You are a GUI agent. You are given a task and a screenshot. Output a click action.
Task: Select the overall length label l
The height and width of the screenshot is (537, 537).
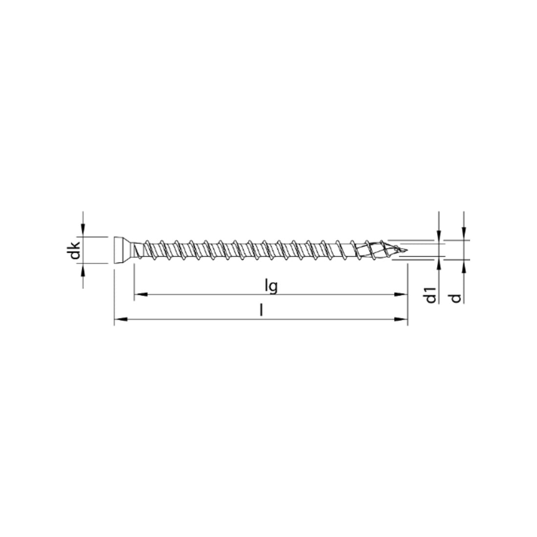click(x=261, y=310)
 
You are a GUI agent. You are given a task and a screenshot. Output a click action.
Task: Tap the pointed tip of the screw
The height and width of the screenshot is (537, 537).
click(x=406, y=249)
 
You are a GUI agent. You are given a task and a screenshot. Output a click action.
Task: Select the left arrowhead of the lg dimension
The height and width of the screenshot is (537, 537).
click(x=141, y=294)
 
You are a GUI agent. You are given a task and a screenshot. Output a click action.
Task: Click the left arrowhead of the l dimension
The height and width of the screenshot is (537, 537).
click(x=121, y=319)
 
